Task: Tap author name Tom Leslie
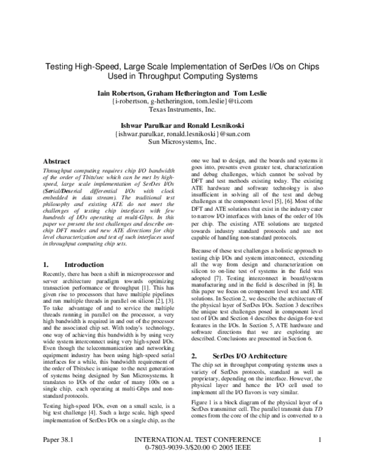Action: [x=251, y=93]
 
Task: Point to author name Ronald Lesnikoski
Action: [x=217, y=123]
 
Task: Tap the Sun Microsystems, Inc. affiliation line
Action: [x=182, y=140]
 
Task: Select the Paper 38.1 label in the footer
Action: [x=58, y=455]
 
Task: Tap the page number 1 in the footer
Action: [x=320, y=455]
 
